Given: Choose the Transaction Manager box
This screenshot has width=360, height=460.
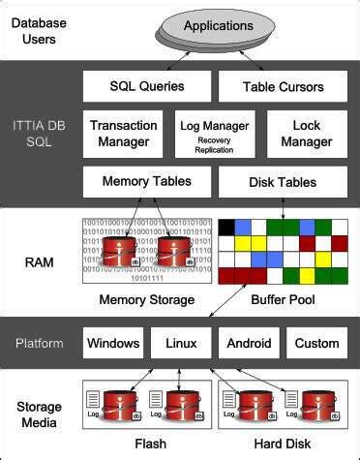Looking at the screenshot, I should [x=124, y=134].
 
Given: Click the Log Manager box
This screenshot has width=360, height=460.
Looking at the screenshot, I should [x=215, y=134].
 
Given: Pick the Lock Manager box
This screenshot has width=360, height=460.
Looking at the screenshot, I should [x=306, y=134].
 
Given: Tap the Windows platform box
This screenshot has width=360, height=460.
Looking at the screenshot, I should [x=113, y=343].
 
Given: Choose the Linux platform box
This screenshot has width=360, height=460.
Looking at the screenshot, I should [x=181, y=343].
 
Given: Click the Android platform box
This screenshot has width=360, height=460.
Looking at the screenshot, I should [x=249, y=343].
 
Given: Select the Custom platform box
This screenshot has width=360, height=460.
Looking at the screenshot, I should [x=316, y=343].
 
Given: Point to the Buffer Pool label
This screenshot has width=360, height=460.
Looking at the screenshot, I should [x=282, y=299].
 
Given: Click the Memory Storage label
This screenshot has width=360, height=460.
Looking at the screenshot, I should [x=147, y=299].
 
